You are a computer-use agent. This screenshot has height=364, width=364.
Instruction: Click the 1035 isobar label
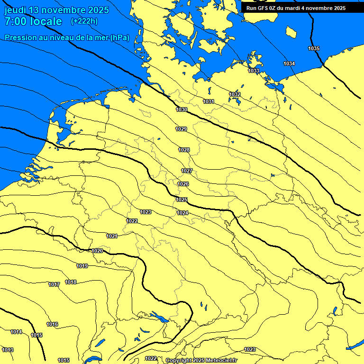[x=313, y=49]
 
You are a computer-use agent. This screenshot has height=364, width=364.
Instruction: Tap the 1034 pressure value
[x=289, y=64]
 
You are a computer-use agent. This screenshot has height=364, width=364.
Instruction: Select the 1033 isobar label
[x=254, y=71]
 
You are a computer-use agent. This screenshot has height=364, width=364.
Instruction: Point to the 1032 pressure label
[x=235, y=95]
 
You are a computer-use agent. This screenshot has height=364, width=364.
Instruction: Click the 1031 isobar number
[x=209, y=102]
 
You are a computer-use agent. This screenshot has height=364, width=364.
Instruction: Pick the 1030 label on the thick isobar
[x=181, y=110]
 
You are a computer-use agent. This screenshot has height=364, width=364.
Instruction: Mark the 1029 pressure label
[x=181, y=129]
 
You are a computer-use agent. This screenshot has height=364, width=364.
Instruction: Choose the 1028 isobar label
[x=184, y=150]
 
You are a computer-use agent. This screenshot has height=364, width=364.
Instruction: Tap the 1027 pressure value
[x=187, y=171]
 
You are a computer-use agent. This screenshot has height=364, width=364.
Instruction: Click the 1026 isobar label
[x=183, y=184]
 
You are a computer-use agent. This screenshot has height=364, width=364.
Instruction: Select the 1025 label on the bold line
[x=182, y=200]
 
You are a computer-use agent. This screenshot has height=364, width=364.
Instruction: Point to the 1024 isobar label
[x=182, y=213]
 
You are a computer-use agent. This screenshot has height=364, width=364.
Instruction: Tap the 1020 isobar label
[x=97, y=251]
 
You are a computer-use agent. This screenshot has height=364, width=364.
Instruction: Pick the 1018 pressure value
[x=71, y=282]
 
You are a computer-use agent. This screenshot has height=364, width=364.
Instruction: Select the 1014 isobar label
[x=16, y=332]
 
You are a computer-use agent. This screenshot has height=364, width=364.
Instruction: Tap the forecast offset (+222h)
[x=84, y=21]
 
